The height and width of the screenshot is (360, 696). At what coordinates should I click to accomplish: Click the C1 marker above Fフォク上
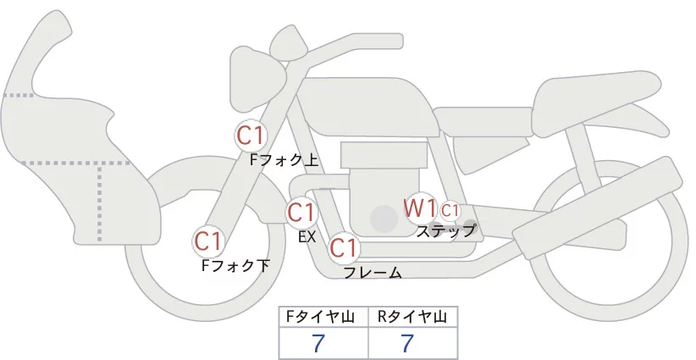[251, 135]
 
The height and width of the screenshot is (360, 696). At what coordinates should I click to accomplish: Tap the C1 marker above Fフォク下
[207, 241]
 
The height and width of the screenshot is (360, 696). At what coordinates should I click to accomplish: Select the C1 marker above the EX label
[301, 212]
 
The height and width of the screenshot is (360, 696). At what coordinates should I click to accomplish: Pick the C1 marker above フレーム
[344, 248]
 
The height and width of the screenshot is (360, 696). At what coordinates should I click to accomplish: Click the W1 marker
[419, 208]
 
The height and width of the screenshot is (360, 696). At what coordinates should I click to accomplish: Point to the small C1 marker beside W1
[450, 209]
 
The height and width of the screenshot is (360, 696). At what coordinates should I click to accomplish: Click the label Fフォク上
[284, 158]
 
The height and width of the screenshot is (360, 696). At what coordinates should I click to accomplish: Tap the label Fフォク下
[235, 265]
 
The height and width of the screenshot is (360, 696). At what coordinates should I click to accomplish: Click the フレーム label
[373, 272]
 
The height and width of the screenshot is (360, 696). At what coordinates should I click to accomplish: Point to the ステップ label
[445, 230]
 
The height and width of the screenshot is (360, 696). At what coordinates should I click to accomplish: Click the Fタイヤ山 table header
[324, 317]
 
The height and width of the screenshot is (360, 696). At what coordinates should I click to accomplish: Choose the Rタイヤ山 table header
[412, 317]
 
